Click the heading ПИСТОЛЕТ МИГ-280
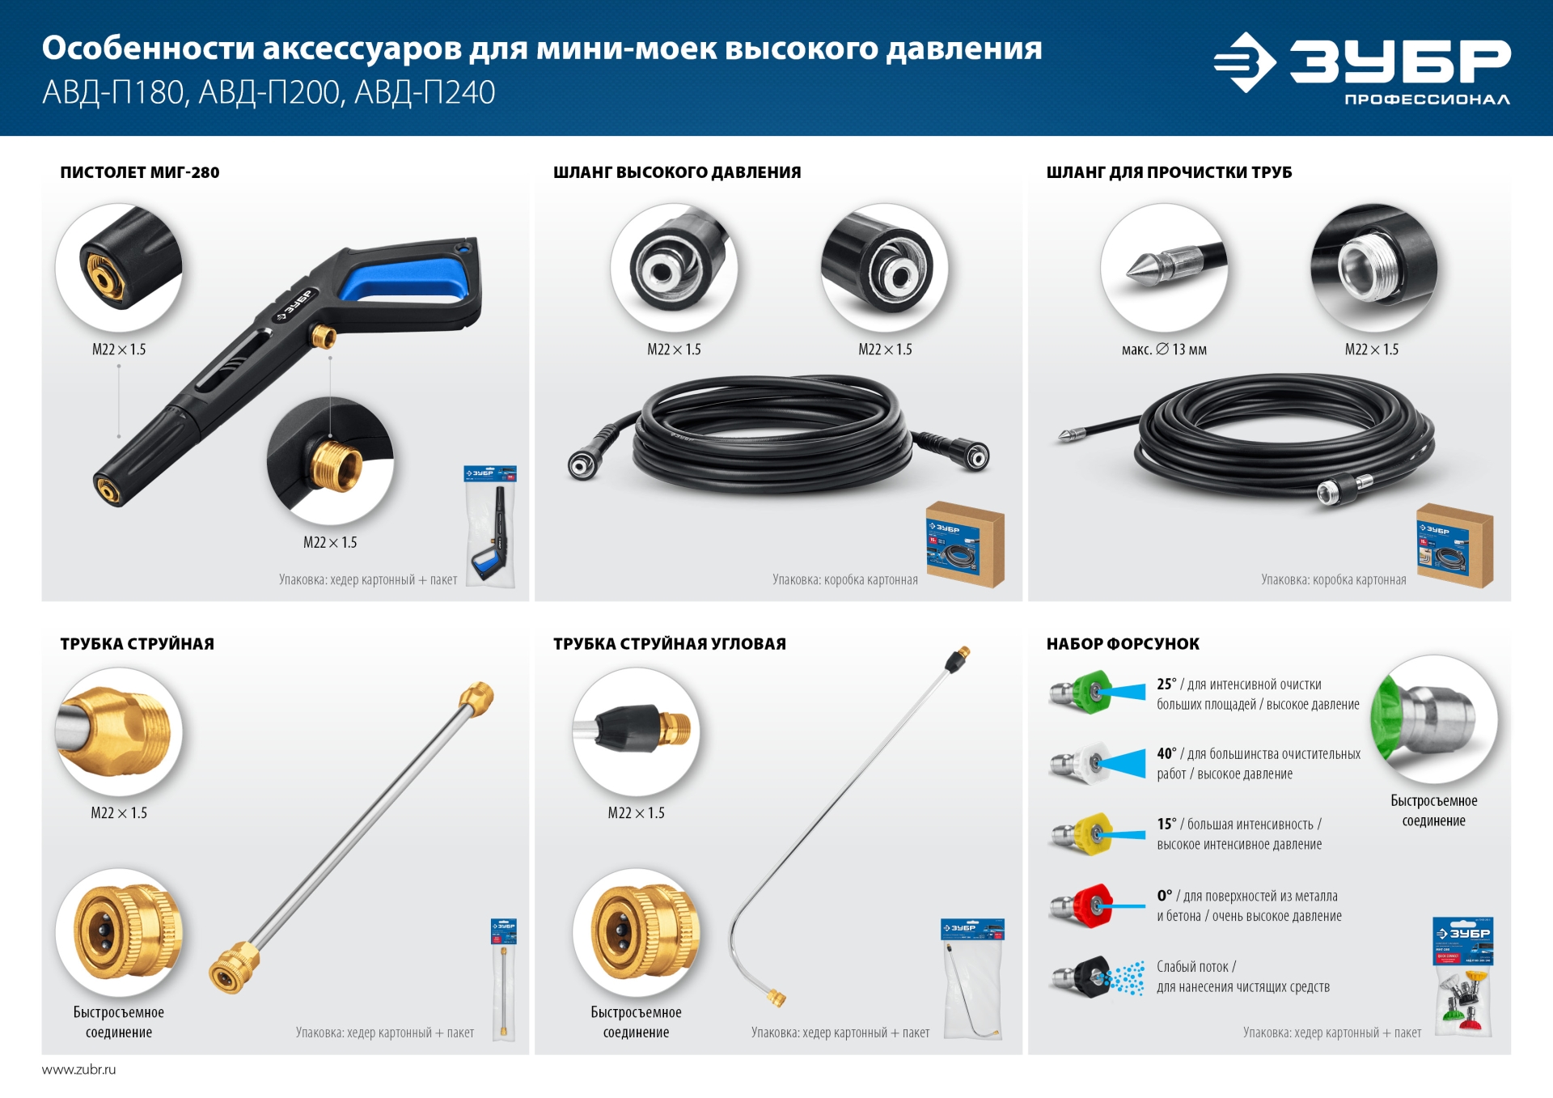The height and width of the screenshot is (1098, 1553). (x=139, y=172)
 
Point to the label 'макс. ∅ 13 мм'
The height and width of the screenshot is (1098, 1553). (x=1163, y=350)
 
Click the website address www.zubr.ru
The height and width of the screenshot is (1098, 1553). (x=78, y=1070)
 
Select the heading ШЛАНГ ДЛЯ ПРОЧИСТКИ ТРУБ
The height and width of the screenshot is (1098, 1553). (x=1169, y=172)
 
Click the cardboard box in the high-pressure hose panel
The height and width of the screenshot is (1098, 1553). (x=965, y=545)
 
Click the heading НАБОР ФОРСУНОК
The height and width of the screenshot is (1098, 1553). (x=1123, y=644)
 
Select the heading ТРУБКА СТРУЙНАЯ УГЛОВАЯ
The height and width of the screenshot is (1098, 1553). (x=669, y=644)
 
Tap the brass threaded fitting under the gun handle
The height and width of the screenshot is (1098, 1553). (x=324, y=336)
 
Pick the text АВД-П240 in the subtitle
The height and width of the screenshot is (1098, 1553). (x=425, y=93)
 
